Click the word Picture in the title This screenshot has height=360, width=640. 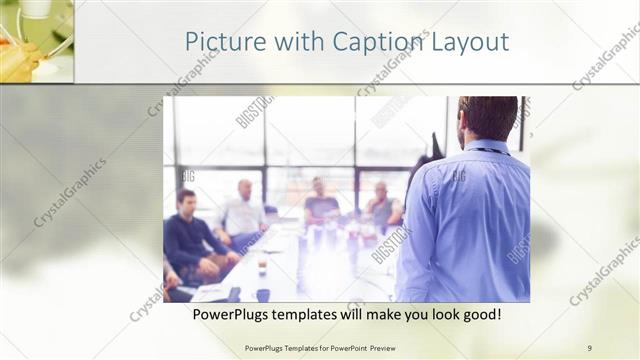click(x=218, y=42)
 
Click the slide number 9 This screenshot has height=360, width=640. click(x=589, y=348)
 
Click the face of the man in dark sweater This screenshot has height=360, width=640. click(x=186, y=201)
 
